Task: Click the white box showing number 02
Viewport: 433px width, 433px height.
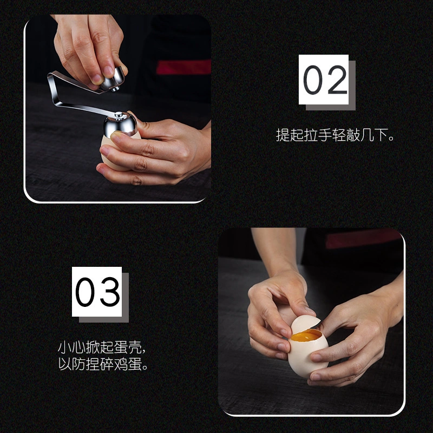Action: pyautogui.click(x=323, y=80)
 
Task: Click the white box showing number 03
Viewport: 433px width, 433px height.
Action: pyautogui.click(x=97, y=292)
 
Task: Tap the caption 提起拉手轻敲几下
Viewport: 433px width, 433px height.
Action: pyautogui.click(x=334, y=135)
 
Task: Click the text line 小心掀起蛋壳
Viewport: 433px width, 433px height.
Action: pyautogui.click(x=101, y=347)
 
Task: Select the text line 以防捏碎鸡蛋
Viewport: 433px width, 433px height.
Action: pyautogui.click(x=103, y=364)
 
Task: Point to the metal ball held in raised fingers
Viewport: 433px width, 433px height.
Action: pyautogui.click(x=113, y=80)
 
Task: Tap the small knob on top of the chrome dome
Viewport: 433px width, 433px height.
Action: pyautogui.click(x=119, y=114)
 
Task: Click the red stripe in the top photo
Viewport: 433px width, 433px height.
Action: pyautogui.click(x=184, y=67)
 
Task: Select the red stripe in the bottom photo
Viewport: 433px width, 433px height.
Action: pyautogui.click(x=363, y=239)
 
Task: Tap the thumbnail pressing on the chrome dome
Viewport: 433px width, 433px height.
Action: pyautogui.click(x=116, y=135)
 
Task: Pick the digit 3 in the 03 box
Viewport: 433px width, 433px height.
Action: pyautogui.click(x=110, y=292)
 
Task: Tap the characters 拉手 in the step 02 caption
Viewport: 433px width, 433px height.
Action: pyautogui.click(x=318, y=135)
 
